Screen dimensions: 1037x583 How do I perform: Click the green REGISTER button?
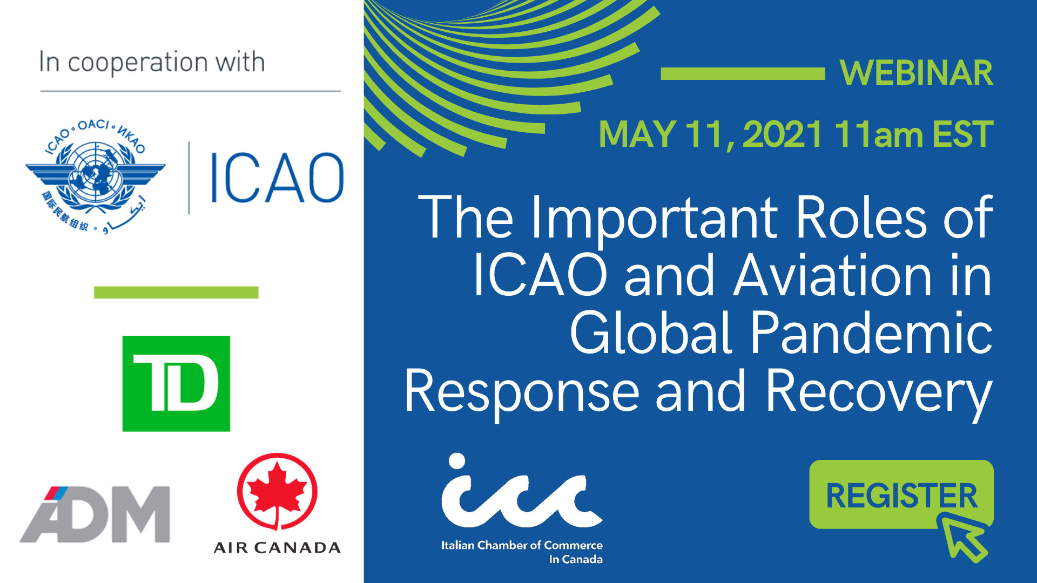tap(901, 494)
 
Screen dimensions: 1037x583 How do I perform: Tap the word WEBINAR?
tap(917, 73)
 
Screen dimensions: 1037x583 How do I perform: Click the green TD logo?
tap(176, 384)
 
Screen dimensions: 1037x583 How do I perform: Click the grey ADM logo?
tap(95, 514)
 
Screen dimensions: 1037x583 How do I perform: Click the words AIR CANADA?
tap(277, 548)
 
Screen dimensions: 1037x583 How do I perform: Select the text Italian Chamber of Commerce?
tap(522, 545)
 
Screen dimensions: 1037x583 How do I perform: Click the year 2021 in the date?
tap(782, 134)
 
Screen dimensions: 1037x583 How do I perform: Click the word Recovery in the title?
tap(879, 392)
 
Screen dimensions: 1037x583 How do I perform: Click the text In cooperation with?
tap(152, 62)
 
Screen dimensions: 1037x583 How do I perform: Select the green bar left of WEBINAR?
tap(743, 74)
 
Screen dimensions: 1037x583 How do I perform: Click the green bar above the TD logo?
tap(176, 293)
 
